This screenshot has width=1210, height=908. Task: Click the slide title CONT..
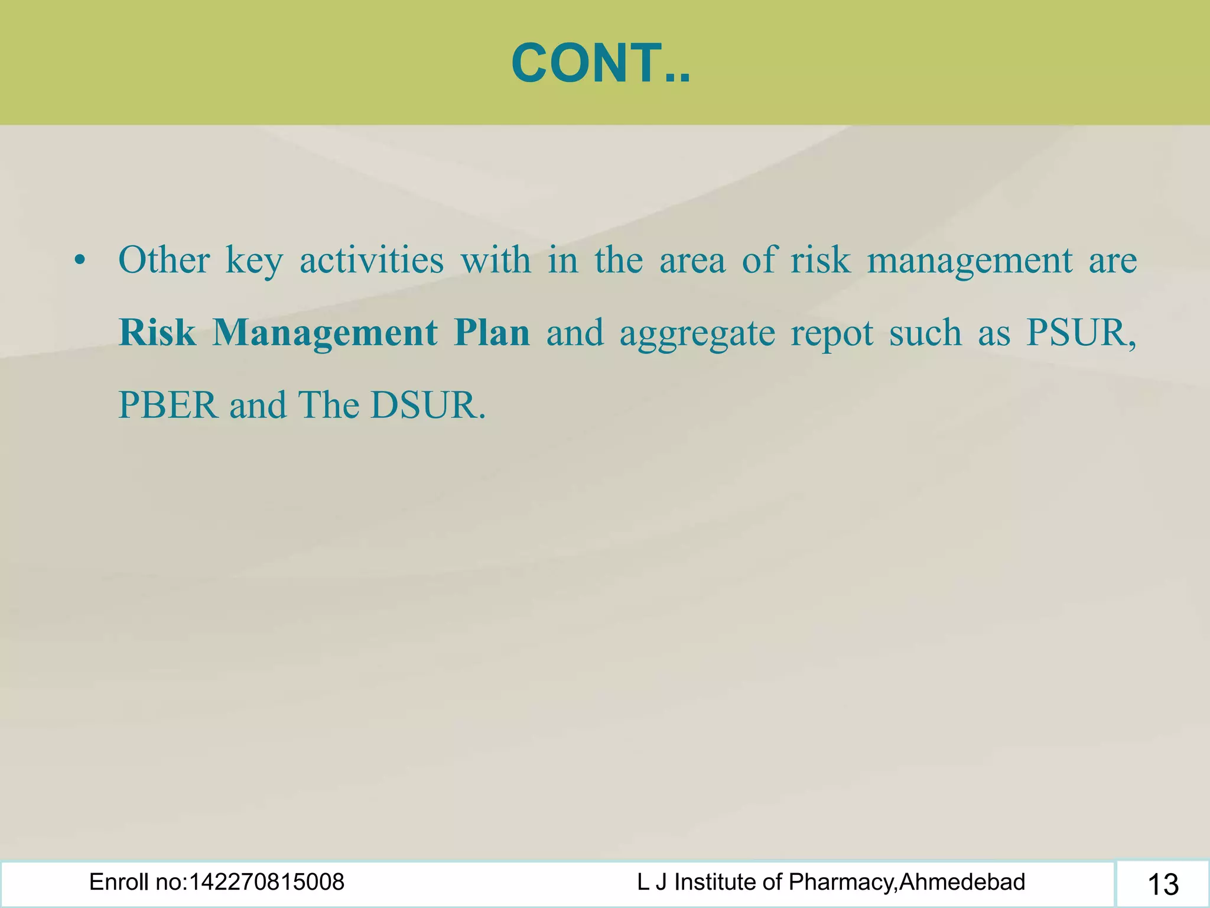600,64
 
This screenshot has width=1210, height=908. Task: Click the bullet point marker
80,261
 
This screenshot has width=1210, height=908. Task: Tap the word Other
164,260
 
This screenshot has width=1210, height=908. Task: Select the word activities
372,260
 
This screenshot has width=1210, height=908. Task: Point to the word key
254,261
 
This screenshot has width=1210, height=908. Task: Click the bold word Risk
157,333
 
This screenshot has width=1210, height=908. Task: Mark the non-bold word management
970,261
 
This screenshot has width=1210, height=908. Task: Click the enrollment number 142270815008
266,882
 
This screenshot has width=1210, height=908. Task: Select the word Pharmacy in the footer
841,883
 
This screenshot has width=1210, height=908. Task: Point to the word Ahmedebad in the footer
962,882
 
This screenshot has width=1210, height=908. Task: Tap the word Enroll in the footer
114,882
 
